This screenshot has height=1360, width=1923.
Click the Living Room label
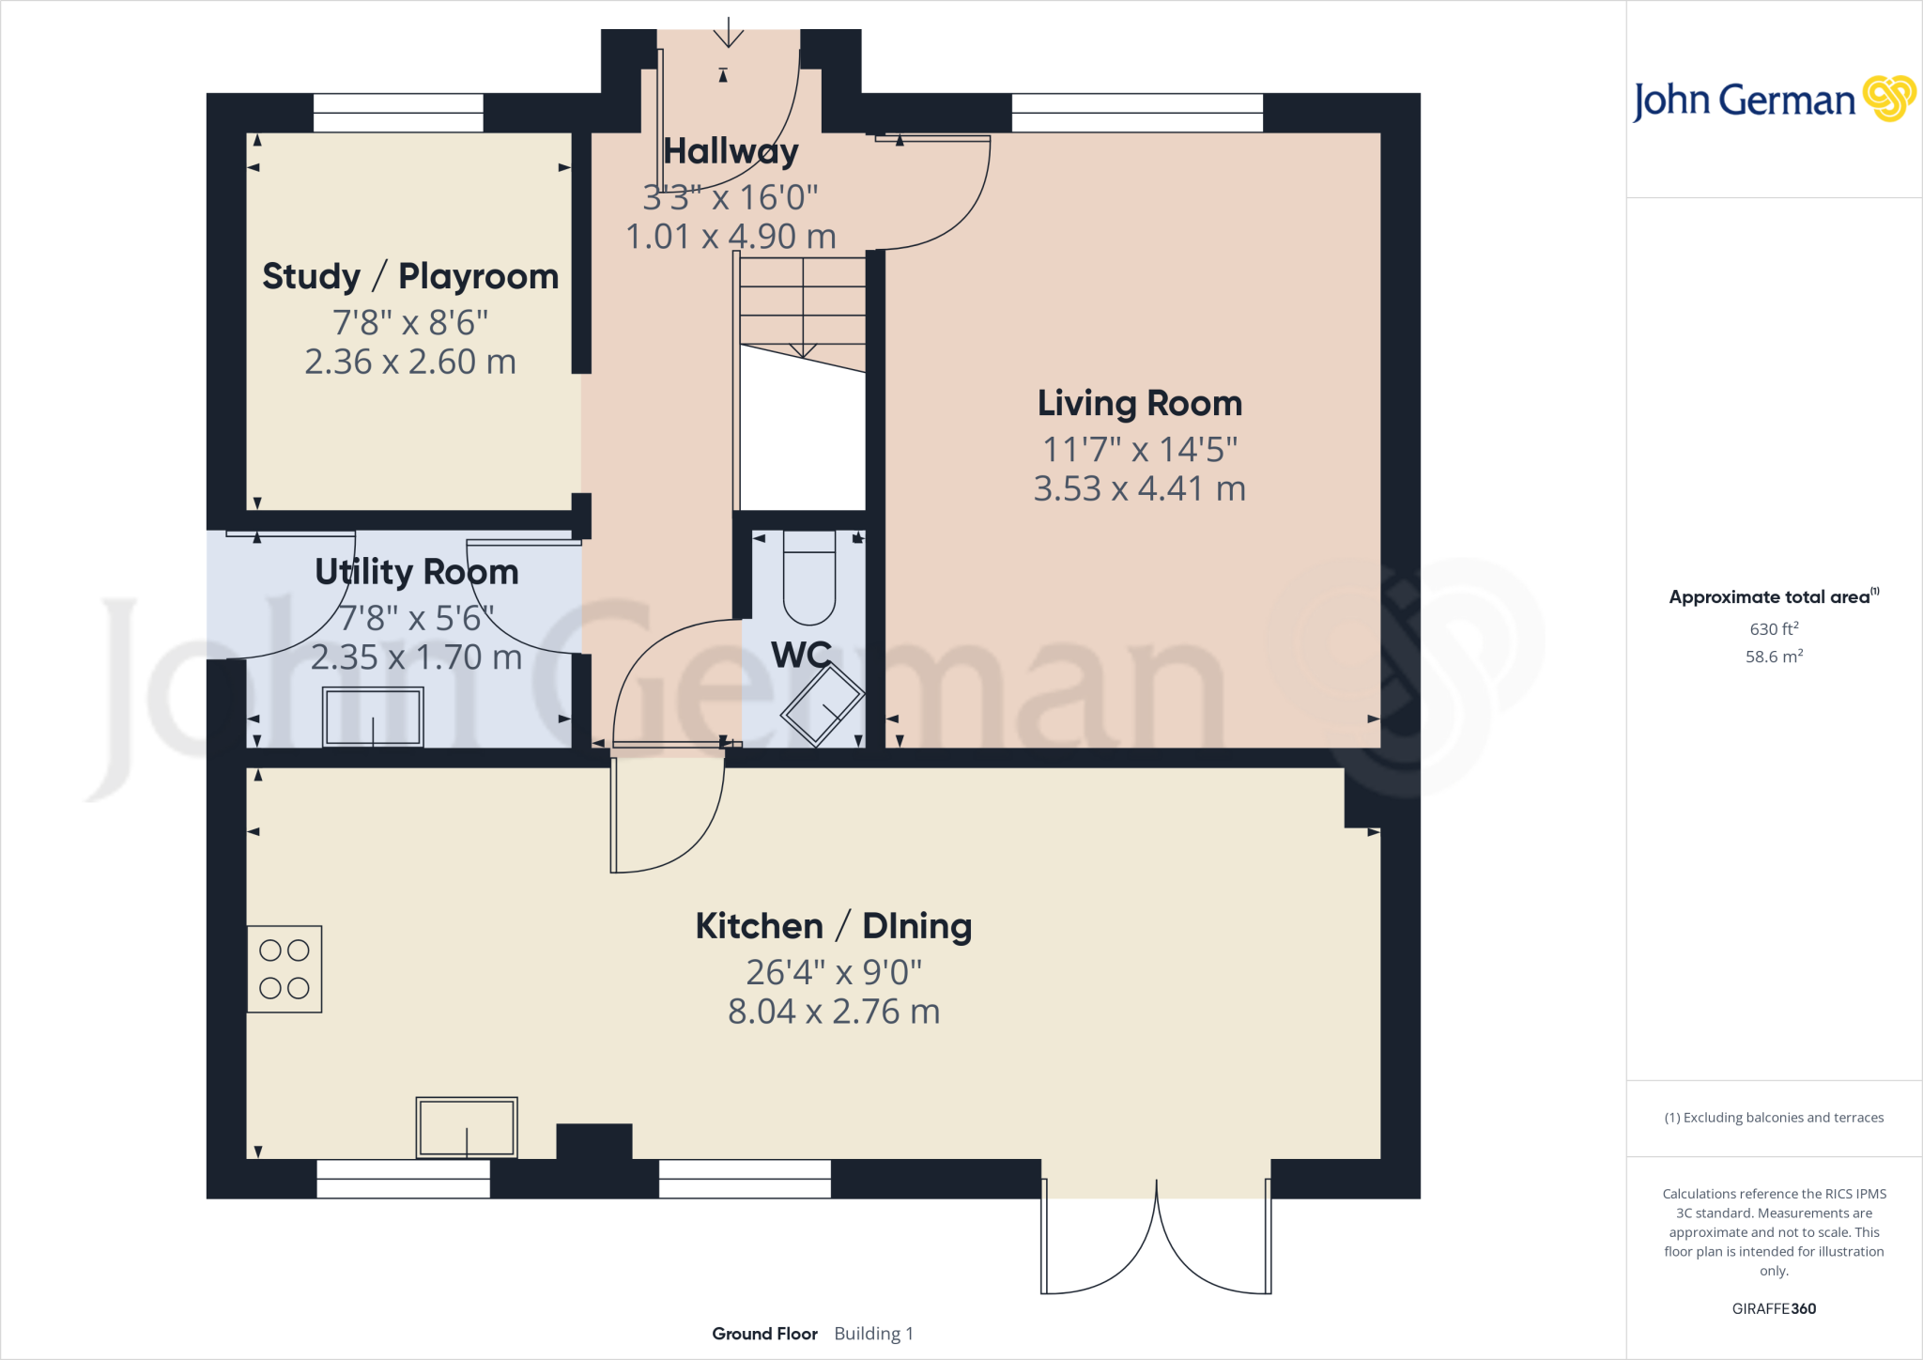(x=1139, y=404)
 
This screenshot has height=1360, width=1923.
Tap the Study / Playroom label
(x=410, y=277)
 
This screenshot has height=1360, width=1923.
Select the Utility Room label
(x=416, y=572)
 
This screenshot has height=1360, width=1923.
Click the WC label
(x=801, y=655)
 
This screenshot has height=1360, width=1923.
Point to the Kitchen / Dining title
(x=833, y=926)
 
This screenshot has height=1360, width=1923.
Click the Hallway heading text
(x=731, y=151)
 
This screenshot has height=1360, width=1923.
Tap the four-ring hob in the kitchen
(x=285, y=969)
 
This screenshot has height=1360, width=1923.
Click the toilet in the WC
(x=808, y=577)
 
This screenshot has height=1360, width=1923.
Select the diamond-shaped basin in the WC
(x=823, y=704)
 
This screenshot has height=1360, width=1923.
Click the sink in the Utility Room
(x=373, y=717)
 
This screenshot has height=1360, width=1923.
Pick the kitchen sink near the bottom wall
(x=467, y=1127)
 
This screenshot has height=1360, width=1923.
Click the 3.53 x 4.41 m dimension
(x=1139, y=489)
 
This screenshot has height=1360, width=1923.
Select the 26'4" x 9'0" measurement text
(x=834, y=973)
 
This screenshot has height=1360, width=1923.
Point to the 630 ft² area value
(x=1774, y=628)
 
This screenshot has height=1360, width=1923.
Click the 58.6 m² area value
(x=1774, y=657)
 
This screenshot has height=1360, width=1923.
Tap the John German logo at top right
(x=1773, y=100)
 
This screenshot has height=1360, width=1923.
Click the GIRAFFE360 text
(x=1774, y=1308)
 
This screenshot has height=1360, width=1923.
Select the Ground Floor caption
(x=764, y=1334)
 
